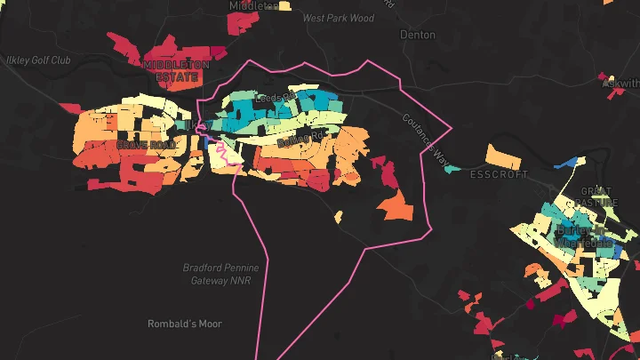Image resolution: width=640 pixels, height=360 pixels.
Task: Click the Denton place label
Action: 418,35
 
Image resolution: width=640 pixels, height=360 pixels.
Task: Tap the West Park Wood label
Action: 338,17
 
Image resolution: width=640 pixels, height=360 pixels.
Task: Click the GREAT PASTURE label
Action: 598,196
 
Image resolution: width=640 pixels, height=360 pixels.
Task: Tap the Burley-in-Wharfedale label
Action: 584,236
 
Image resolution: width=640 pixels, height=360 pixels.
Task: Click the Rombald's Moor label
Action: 185,324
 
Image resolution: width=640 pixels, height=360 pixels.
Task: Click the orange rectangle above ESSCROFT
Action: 503,159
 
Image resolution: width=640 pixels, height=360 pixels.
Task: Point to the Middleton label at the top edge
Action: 253,5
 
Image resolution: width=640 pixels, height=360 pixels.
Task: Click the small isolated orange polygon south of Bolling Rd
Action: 339,216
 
